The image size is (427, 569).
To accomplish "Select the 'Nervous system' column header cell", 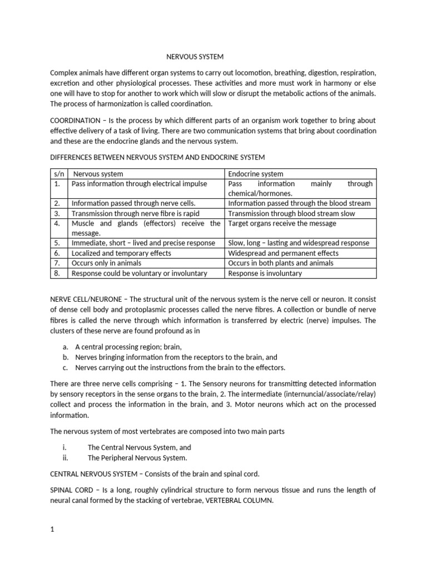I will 98,174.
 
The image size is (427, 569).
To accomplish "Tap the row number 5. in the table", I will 57,243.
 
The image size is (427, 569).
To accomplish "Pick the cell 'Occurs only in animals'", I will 106,263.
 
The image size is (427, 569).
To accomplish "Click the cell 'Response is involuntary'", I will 265,273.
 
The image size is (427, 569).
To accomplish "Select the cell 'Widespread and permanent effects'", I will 283,253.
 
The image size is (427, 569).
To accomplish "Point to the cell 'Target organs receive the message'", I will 282,223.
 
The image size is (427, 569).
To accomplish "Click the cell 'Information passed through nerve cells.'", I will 133,203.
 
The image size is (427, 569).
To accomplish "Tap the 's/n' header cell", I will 58,174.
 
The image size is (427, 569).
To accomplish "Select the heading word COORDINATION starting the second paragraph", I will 75,121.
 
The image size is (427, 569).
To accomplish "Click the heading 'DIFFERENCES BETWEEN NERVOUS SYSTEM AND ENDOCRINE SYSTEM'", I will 157,157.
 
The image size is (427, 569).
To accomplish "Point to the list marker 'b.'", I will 66,357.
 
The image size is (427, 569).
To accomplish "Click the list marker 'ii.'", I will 67,458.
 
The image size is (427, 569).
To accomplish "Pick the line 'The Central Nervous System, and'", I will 140,447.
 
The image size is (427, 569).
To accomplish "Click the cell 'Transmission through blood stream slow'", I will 291,213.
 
